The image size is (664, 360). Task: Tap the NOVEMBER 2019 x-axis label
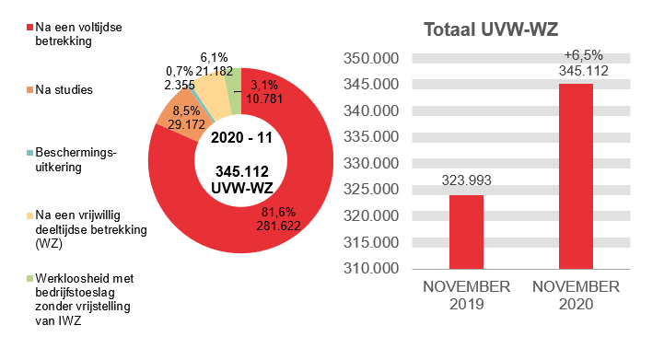tap(466, 295)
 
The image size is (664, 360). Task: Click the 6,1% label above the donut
tap(214, 57)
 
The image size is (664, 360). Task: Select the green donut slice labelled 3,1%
tap(234, 77)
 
